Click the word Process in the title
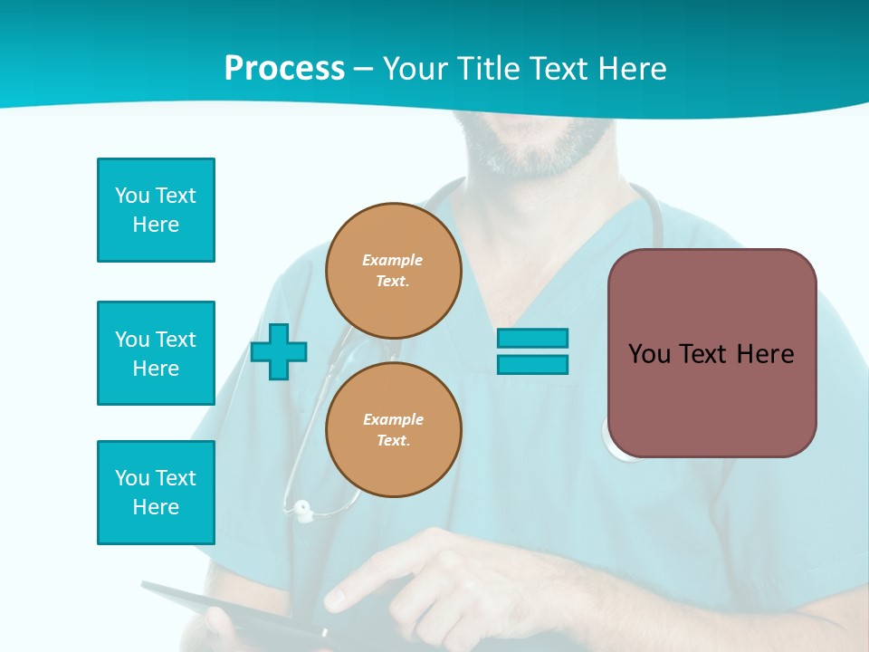coord(284,69)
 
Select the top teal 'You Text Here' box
coord(156,210)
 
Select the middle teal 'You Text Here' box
coord(156,353)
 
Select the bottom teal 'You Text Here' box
coord(156,493)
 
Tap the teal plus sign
coord(279,352)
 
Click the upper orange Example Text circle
coord(394,271)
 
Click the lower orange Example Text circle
coord(394,430)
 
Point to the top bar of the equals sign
coord(532,338)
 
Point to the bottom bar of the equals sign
coord(532,365)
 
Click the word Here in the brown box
coord(765,354)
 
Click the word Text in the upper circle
coord(392,282)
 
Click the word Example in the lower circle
coord(393,419)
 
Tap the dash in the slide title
coord(363,70)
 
